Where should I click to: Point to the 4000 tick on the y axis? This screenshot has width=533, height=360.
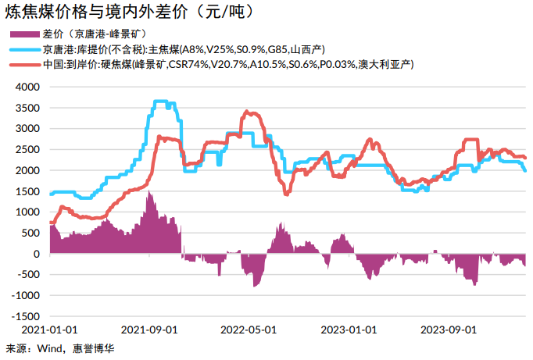coord(28,87)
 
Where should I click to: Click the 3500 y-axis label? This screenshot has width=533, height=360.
coord(28,108)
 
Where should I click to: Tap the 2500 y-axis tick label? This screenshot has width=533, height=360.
coord(28,149)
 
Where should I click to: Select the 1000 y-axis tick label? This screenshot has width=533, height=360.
coord(28,212)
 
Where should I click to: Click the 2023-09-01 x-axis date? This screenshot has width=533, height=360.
coord(449,330)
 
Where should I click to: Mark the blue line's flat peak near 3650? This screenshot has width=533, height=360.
coord(161,102)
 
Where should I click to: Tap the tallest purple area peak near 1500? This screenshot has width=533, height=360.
coord(148,193)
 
